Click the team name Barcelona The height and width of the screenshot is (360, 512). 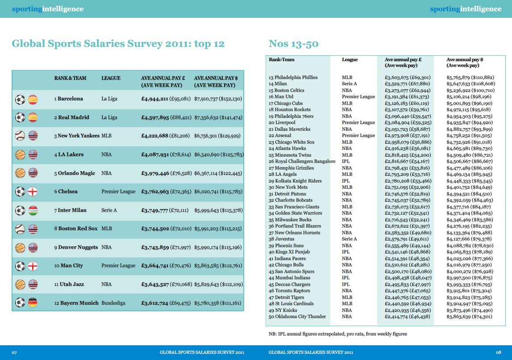click(x=70, y=99)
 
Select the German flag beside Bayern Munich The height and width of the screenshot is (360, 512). click(x=33, y=302)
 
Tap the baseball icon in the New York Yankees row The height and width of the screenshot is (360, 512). click(x=20, y=136)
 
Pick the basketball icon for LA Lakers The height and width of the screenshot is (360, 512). click(x=20, y=154)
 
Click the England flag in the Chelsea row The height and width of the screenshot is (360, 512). click(x=33, y=191)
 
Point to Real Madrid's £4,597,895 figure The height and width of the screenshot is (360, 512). click(x=155, y=117)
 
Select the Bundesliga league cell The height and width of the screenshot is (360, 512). click(x=113, y=303)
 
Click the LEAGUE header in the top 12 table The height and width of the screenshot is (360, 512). click(x=111, y=78)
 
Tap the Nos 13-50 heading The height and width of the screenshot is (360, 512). click(x=294, y=44)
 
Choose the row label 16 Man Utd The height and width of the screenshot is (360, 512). click(x=281, y=97)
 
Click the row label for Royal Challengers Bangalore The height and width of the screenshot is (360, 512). click(x=302, y=161)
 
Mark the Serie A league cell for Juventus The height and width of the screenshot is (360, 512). click(x=350, y=239)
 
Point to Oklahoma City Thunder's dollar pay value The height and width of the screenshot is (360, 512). click(x=469, y=317)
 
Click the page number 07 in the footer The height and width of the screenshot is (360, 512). click(x=14, y=352)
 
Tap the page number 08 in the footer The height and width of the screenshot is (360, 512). click(x=498, y=352)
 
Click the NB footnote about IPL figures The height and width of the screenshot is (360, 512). click(x=337, y=334)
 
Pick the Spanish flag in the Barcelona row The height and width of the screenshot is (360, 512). click(x=33, y=99)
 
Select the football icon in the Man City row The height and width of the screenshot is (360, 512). click(x=20, y=266)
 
